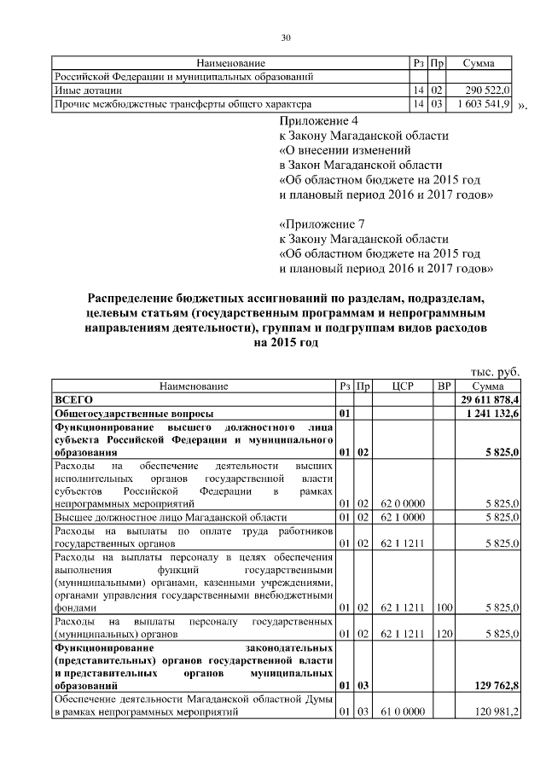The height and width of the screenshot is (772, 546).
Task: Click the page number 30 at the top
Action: [x=286, y=38]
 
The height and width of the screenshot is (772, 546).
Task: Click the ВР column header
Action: [x=444, y=386]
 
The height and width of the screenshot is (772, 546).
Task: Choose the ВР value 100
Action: [x=444, y=608]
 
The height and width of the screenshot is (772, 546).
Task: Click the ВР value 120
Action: [x=444, y=636]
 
